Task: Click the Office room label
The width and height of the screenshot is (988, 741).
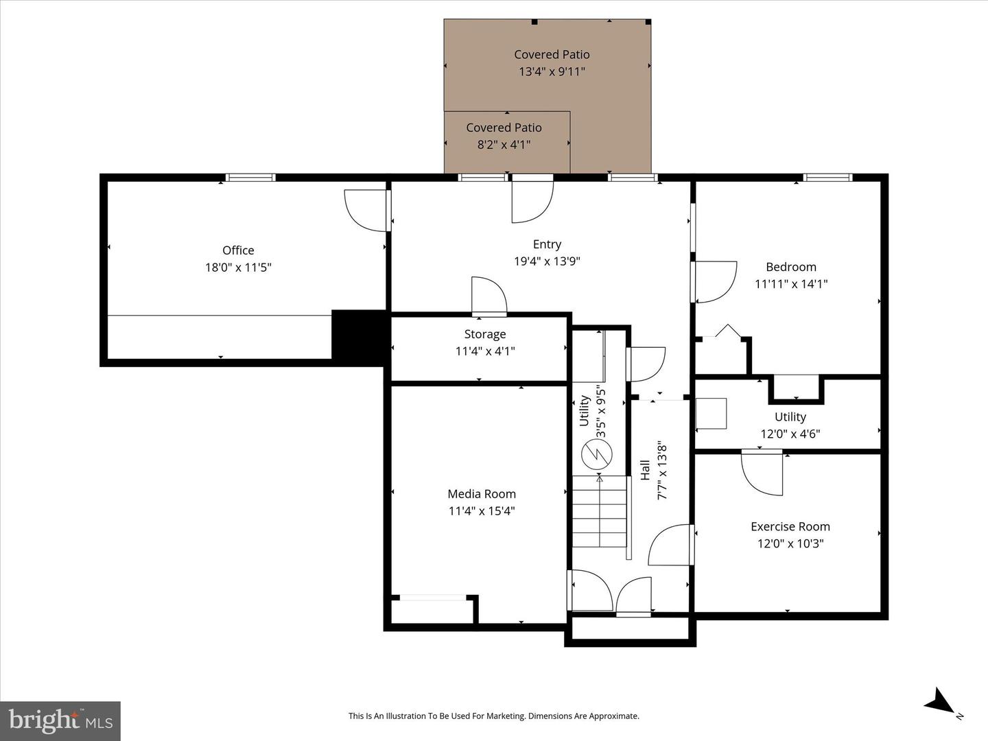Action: pos(238,250)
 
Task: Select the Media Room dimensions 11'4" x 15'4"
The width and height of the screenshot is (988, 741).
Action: pos(482,510)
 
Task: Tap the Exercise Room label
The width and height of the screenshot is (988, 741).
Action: pos(790,526)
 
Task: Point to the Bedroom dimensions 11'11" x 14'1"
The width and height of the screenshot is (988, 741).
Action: pos(791,283)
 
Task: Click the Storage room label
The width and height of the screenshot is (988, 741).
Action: pos(485,334)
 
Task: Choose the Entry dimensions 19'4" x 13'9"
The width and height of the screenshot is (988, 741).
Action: pos(547,261)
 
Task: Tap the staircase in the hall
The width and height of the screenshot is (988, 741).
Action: pos(600,511)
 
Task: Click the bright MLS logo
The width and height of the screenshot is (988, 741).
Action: pos(60,720)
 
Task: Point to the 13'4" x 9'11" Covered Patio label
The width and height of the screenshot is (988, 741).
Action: pos(552,62)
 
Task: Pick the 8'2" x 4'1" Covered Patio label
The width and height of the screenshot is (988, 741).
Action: pos(504,136)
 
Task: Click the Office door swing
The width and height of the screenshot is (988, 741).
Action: pos(367,211)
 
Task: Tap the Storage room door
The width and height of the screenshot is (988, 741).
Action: pos(489,296)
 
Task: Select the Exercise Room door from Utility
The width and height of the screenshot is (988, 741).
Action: pos(762,472)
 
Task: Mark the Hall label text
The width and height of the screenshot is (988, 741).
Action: pos(645,470)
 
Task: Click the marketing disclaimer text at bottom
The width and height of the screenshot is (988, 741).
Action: pos(493,716)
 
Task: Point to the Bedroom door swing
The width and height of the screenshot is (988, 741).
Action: pos(716,281)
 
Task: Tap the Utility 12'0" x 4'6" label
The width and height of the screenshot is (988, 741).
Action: pos(790,425)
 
